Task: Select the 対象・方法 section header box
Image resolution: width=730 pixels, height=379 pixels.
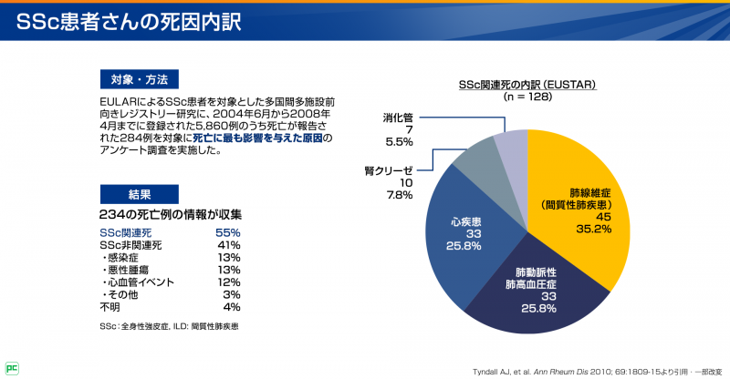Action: point(139,78)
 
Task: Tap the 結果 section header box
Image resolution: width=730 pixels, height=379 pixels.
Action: point(139,193)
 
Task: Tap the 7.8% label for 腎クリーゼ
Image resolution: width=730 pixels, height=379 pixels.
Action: point(399,195)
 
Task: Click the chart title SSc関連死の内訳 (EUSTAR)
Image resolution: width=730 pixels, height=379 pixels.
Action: point(527,84)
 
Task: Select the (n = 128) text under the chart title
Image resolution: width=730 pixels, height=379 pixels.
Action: point(527,96)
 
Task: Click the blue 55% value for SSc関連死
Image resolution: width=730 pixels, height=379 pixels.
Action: point(227,233)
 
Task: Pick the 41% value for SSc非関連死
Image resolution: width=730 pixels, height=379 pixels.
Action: point(227,245)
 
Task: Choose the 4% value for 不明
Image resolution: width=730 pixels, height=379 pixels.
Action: point(231,307)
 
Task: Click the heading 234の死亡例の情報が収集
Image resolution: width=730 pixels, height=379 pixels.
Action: point(170,215)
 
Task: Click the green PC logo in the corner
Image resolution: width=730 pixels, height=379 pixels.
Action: point(12,368)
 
